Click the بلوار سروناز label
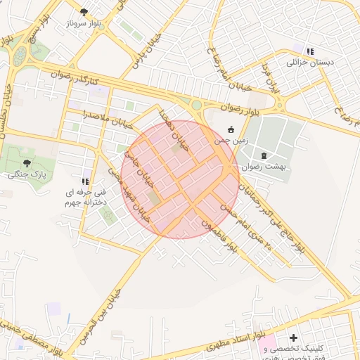tap(85, 24)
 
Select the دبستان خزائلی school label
tap(308, 62)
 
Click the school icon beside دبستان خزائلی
tap(309, 51)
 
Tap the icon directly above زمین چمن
tap(231, 129)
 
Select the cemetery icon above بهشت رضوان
tap(264, 155)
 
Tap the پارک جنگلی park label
tap(27, 174)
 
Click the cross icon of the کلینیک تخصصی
tap(293, 338)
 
